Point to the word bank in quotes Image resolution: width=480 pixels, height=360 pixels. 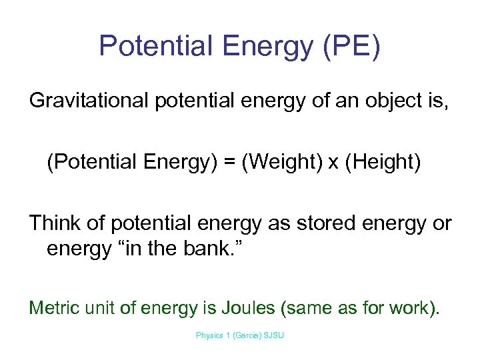click(213, 249)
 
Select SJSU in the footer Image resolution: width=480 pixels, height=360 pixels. click(274, 335)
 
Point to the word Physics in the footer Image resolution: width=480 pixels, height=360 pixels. click(209, 335)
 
